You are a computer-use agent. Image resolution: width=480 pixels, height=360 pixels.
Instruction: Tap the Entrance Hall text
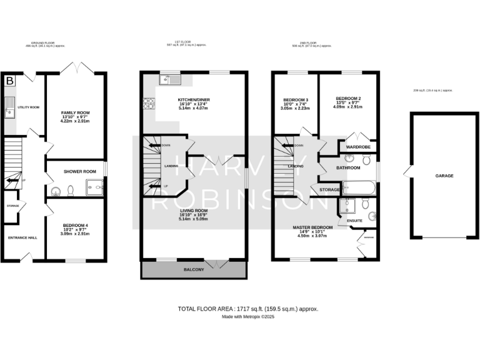22,237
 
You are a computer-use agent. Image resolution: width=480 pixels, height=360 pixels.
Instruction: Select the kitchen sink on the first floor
169,79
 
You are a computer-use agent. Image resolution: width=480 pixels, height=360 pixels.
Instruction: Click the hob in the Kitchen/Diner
149,103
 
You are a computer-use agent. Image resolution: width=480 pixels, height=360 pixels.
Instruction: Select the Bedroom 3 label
294,101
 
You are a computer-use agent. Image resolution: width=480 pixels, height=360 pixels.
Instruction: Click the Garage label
444,176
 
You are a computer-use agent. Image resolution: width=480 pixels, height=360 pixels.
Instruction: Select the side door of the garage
407,171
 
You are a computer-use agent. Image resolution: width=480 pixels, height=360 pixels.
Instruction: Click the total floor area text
248,309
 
